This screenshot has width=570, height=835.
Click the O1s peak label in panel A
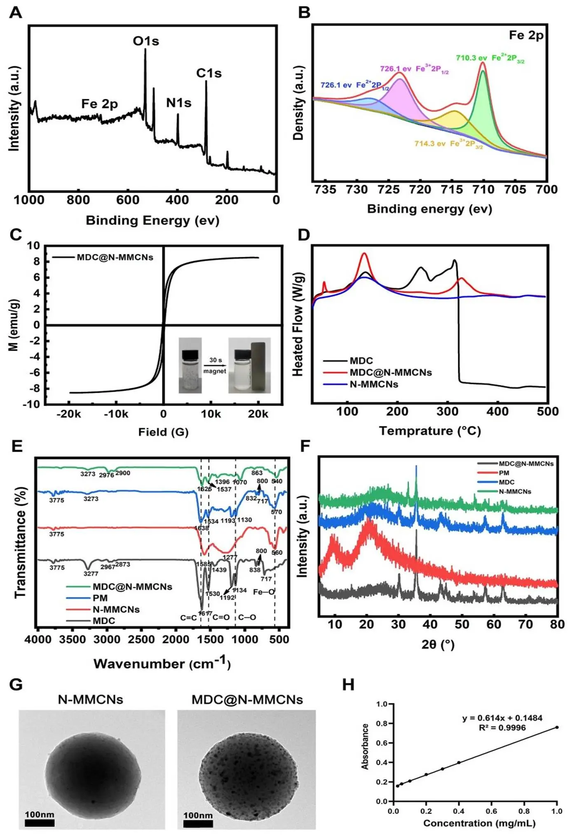(x=146, y=41)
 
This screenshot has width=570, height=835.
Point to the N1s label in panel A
(x=178, y=103)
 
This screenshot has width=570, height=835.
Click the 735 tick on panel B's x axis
(x=325, y=190)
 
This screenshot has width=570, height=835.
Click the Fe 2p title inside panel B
(x=526, y=35)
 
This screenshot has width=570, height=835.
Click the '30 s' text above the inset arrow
(x=215, y=360)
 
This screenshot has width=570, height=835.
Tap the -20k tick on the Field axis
(x=69, y=414)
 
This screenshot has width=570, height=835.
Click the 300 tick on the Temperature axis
(x=448, y=411)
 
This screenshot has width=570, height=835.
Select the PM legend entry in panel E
(x=100, y=598)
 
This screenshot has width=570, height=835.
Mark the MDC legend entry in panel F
(x=506, y=482)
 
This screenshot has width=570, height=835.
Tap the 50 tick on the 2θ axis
(x=462, y=624)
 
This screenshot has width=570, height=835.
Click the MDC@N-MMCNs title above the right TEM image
(x=247, y=699)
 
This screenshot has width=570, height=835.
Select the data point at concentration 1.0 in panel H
(x=557, y=727)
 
